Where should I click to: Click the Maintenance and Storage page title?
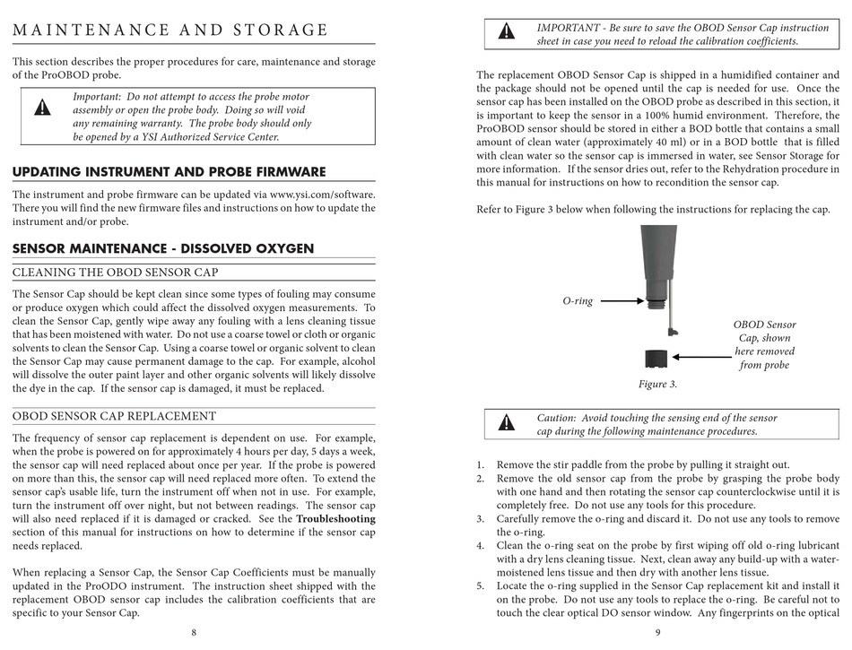tap(170, 30)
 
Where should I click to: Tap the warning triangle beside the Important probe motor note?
tap(42, 109)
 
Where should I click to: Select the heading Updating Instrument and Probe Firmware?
tap(170, 172)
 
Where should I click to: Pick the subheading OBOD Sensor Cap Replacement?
tap(114, 416)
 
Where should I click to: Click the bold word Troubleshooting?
tap(335, 518)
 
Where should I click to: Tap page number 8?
tap(194, 632)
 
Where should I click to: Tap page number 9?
tap(657, 632)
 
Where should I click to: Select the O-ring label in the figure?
tap(578, 301)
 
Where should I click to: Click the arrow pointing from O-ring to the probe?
tap(620, 301)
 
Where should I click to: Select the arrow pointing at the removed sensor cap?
tap(703, 357)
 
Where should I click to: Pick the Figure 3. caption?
tap(657, 384)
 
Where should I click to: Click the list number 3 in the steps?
tap(480, 519)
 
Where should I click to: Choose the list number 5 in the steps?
tap(480, 586)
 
